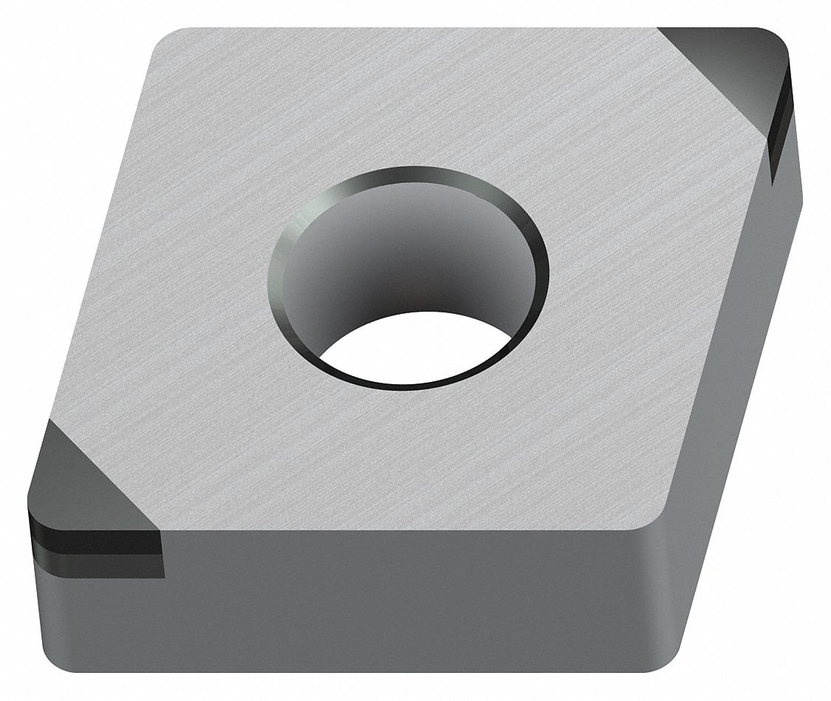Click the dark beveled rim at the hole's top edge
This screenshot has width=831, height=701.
pos(411,171)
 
